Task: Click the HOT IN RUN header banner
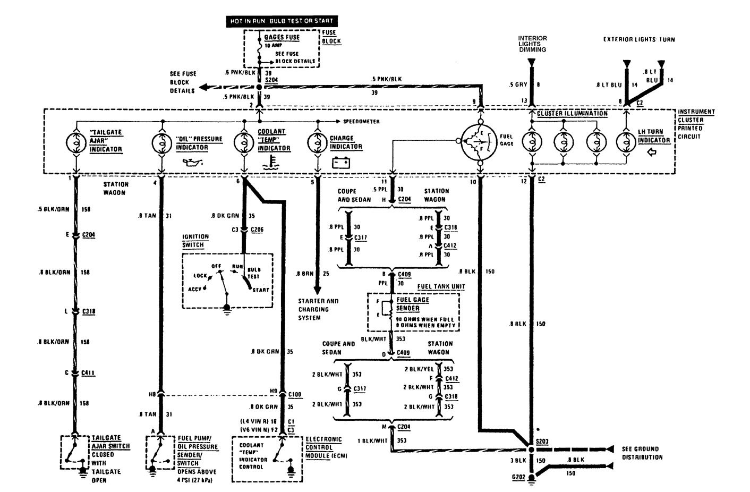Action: point(282,21)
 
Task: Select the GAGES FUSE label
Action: point(282,38)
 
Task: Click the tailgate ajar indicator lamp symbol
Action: point(75,142)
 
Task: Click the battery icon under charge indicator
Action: point(340,162)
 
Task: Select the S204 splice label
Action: point(271,79)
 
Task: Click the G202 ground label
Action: point(518,477)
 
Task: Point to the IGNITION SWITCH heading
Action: point(195,241)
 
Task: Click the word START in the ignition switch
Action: point(261,290)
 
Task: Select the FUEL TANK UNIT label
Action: point(441,287)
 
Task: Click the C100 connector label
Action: point(295,394)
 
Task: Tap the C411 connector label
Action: point(88,373)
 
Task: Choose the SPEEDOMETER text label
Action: point(362,122)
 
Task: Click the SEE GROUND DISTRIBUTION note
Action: point(642,453)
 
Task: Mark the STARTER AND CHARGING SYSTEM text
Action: point(318,309)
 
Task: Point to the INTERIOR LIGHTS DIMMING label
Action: point(533,44)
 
